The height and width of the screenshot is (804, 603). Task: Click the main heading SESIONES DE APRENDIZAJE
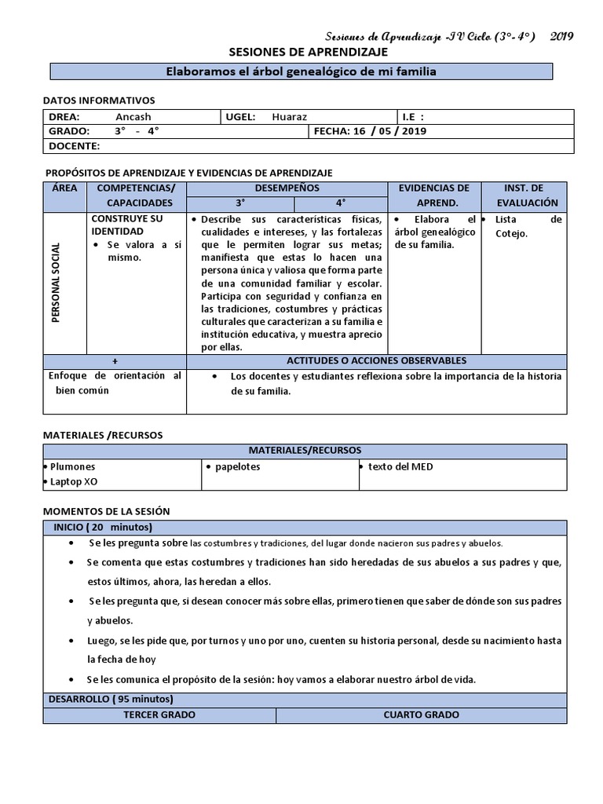click(308, 52)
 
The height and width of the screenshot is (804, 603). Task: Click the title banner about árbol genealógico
click(301, 71)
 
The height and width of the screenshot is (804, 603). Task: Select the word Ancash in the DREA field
click(133, 117)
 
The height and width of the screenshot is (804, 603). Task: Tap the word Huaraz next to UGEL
click(290, 117)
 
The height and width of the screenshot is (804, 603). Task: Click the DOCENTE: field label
click(74, 146)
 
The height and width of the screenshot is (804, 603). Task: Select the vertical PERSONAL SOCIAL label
click(56, 282)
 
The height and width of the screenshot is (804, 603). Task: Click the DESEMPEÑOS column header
click(287, 188)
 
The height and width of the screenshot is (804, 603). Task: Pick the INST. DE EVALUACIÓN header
click(524, 196)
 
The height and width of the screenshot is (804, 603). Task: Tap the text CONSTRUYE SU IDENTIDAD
click(127, 225)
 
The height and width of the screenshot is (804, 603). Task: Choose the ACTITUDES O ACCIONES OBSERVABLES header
click(376, 361)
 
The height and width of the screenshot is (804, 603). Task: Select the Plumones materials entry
click(72, 467)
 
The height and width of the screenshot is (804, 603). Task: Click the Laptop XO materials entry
click(73, 481)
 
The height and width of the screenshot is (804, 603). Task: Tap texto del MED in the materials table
click(400, 467)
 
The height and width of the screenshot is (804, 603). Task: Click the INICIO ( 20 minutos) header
click(102, 527)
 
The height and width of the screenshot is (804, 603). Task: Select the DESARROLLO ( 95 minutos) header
click(111, 699)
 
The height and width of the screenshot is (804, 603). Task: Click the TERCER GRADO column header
click(159, 715)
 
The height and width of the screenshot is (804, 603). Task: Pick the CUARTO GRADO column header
click(421, 715)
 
